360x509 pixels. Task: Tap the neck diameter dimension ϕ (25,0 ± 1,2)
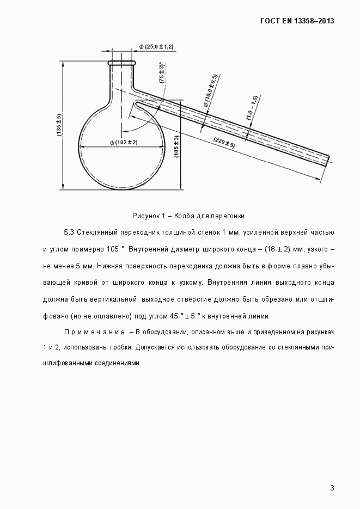(156, 47)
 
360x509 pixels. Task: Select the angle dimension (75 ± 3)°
(162, 72)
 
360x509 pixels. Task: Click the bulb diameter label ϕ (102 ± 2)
(123, 142)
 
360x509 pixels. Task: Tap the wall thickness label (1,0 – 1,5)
(251, 107)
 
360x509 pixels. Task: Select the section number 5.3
(69, 232)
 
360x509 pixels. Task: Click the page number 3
(332, 488)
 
